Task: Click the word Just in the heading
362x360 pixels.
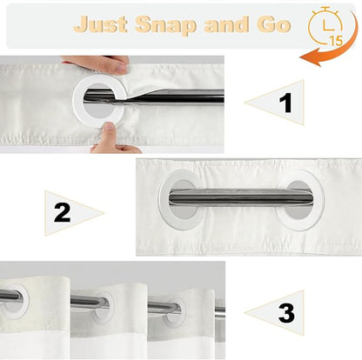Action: (100, 25)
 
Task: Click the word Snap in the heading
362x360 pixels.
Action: (165, 25)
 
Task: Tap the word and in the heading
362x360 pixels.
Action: (226, 24)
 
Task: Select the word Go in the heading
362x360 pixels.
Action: (273, 24)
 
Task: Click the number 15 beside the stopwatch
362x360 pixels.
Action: (336, 41)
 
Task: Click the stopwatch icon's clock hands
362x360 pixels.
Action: (327, 25)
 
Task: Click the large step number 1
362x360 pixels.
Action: (285, 103)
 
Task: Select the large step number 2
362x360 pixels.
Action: (62, 213)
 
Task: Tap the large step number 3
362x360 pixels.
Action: (286, 313)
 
